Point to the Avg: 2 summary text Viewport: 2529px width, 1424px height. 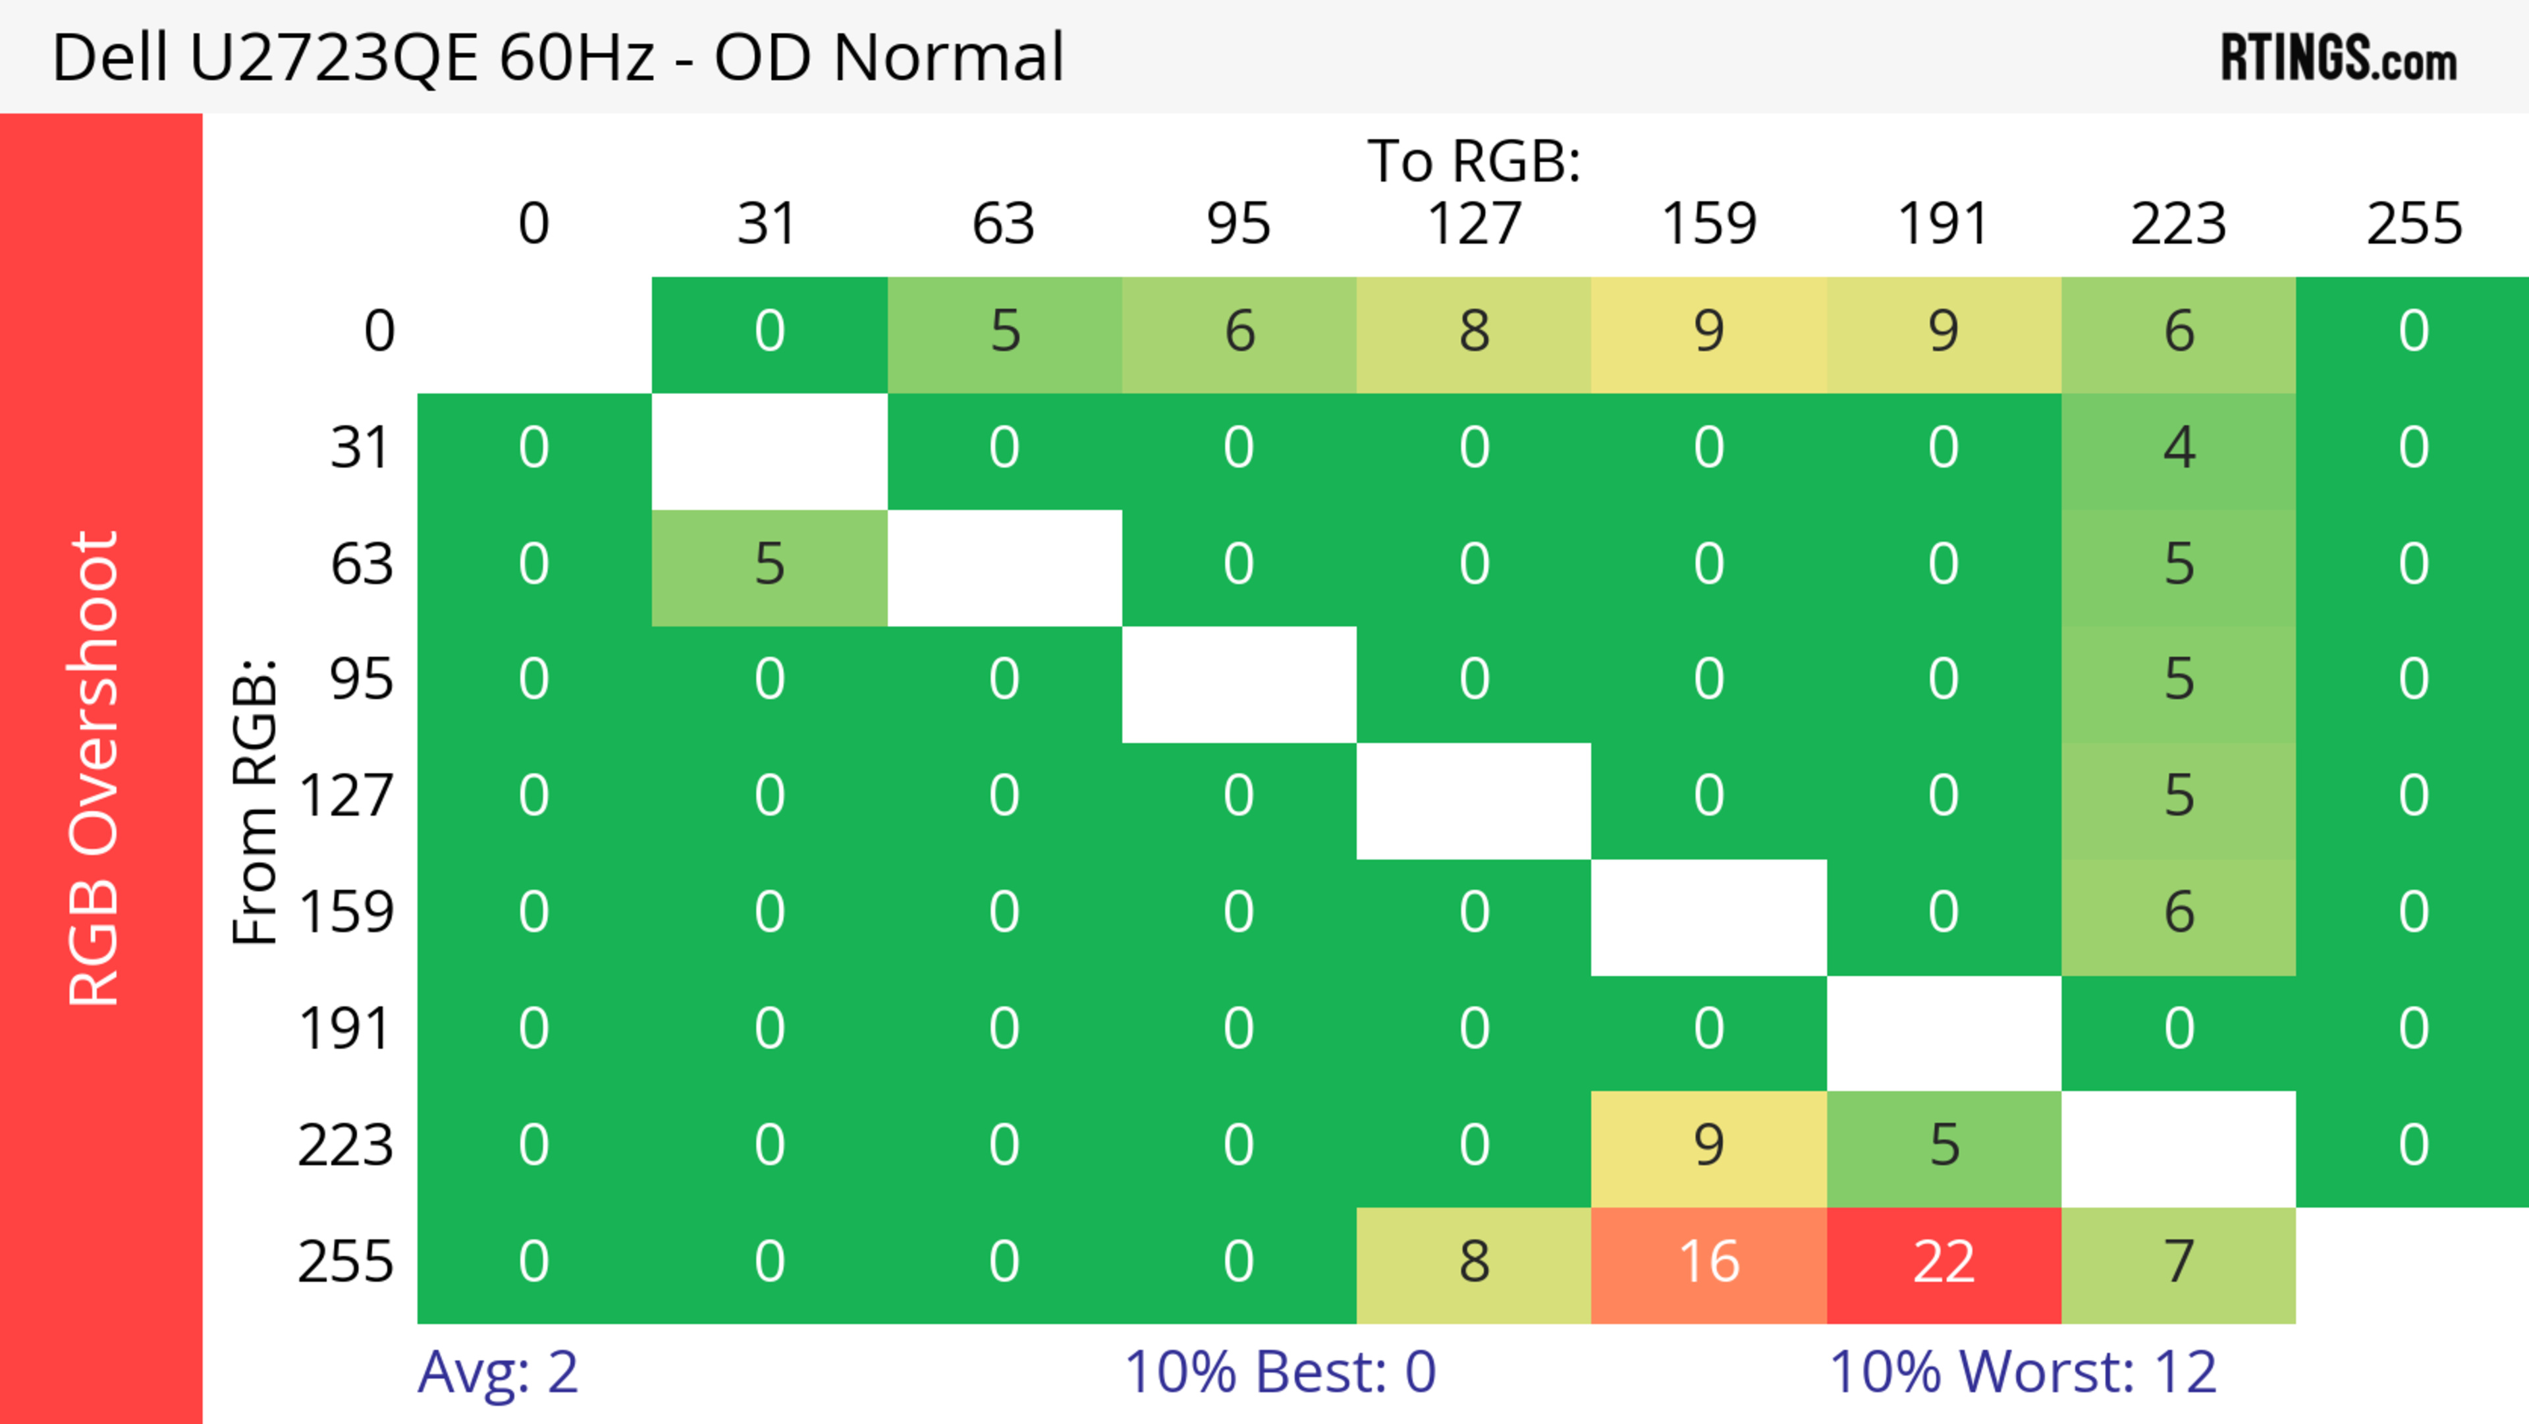click(x=498, y=1372)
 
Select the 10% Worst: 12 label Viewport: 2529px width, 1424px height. click(x=2023, y=1372)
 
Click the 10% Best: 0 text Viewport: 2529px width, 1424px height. click(x=1279, y=1372)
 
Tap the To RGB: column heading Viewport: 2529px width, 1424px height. click(x=1474, y=161)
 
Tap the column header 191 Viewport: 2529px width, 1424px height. click(x=1943, y=224)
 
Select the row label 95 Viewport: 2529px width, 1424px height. click(x=362, y=679)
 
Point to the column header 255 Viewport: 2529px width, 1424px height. click(x=2413, y=224)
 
